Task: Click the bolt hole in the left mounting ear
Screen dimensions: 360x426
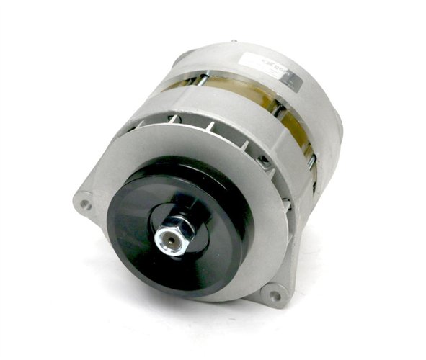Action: [86, 204]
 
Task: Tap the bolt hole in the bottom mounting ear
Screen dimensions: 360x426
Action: [273, 293]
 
